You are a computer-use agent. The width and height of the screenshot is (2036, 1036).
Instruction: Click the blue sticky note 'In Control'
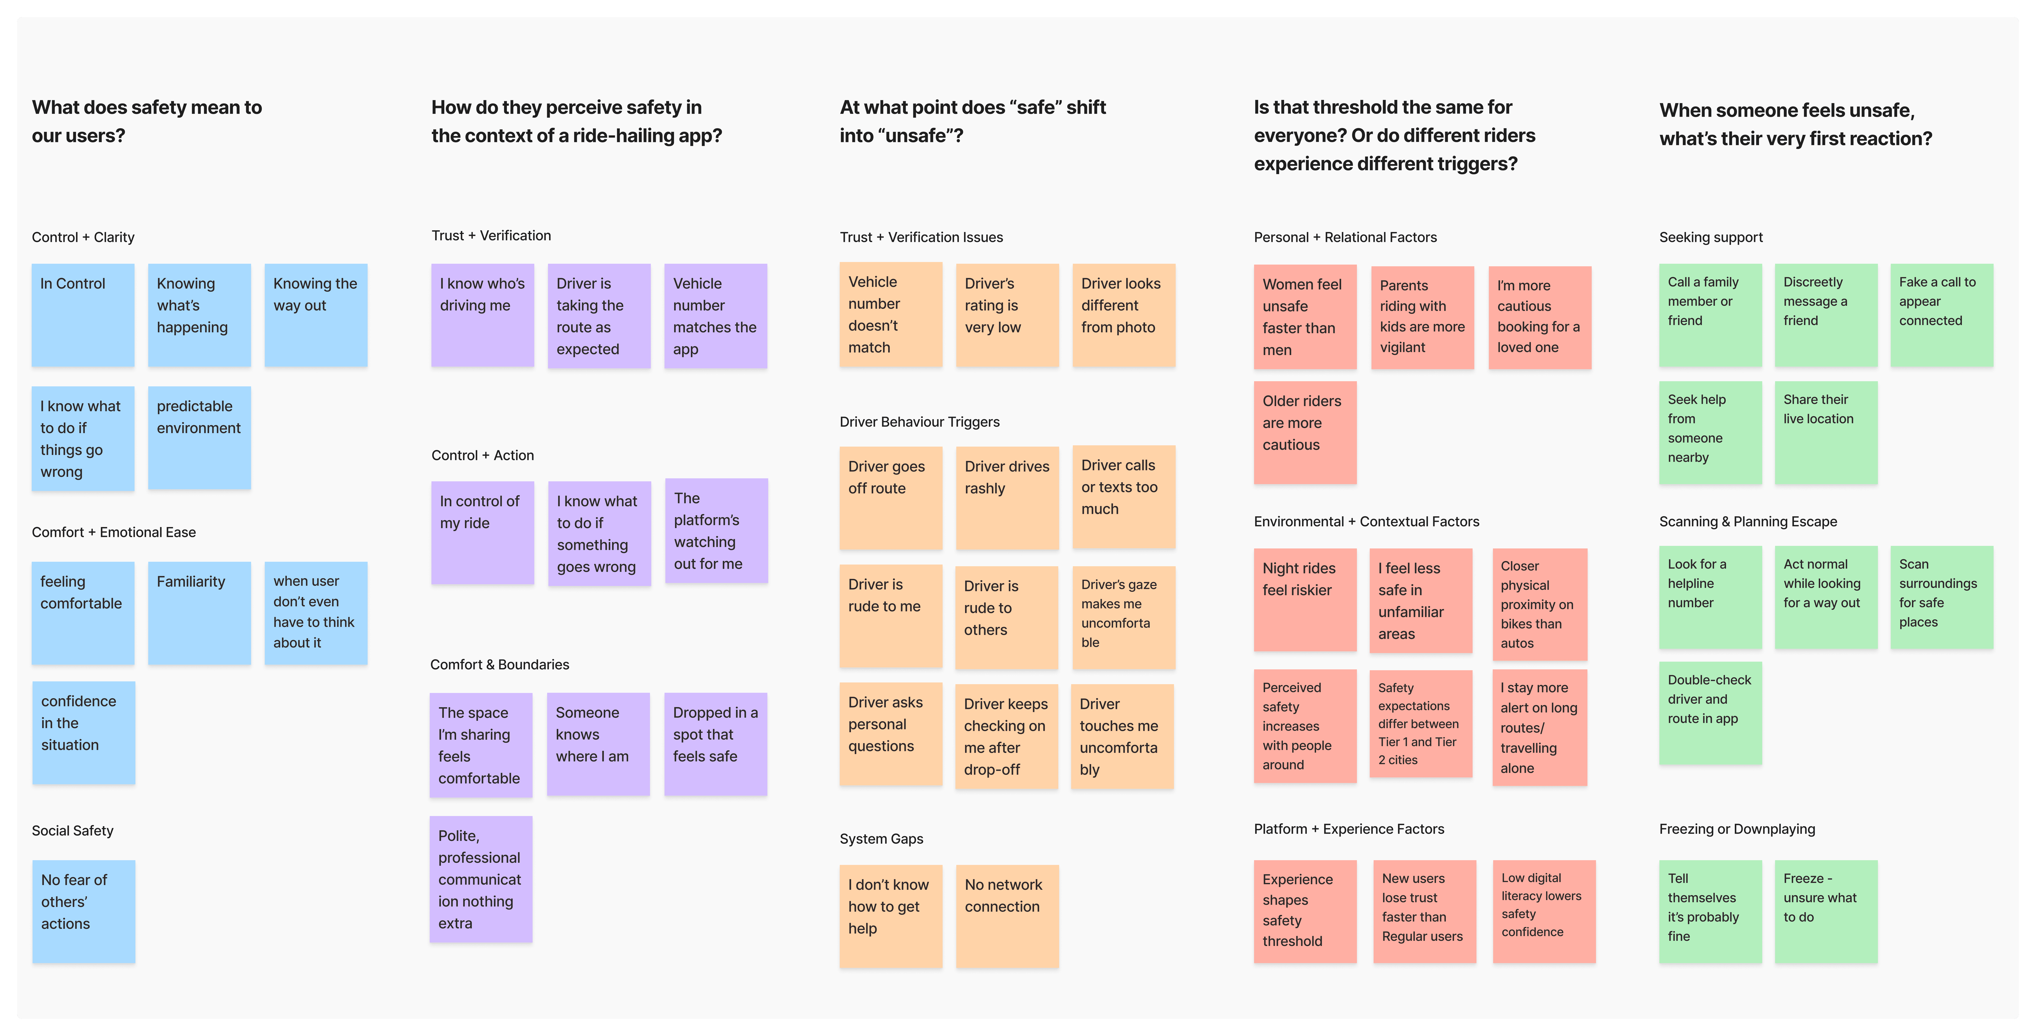[x=83, y=315]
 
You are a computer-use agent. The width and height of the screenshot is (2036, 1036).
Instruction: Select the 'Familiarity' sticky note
[x=199, y=613]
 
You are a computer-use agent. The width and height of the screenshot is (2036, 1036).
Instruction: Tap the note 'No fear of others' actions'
[x=84, y=911]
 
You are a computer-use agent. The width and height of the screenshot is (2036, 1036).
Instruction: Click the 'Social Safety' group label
[x=73, y=830]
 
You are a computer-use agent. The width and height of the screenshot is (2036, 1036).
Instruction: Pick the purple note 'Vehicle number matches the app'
[x=715, y=316]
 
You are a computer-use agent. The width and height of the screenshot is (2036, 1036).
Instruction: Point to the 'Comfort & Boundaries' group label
[x=500, y=664]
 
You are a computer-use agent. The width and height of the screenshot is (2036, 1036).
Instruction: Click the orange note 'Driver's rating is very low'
[x=1007, y=315]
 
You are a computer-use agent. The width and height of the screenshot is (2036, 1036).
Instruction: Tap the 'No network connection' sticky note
[x=1007, y=916]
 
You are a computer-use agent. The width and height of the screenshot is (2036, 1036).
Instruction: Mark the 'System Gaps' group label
[x=881, y=838]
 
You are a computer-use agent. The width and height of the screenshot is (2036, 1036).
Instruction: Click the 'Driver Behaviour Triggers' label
[x=919, y=422]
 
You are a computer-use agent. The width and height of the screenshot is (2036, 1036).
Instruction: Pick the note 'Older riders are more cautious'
[x=1305, y=433]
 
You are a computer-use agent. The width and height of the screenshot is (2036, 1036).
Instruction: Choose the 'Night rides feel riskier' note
[x=1305, y=599]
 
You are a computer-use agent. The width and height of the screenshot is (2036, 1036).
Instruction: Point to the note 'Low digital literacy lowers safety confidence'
[x=1543, y=911]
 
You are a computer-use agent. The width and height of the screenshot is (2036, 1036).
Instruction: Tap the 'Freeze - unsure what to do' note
[x=1826, y=911]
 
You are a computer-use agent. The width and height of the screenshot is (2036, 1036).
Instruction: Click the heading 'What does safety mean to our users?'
[x=147, y=121]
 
